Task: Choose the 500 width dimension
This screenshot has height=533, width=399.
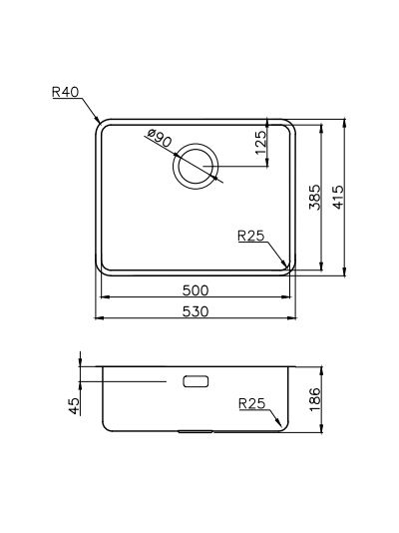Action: click(196, 290)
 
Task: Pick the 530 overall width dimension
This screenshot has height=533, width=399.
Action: click(196, 311)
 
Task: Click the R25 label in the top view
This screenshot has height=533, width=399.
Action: click(250, 237)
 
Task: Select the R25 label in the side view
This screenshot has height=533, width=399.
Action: click(251, 404)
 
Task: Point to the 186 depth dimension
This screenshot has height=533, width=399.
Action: click(315, 400)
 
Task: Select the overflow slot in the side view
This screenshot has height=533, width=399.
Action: click(196, 381)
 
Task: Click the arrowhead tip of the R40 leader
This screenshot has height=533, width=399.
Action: click(97, 123)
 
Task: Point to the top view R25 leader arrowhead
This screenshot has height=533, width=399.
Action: click(290, 266)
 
